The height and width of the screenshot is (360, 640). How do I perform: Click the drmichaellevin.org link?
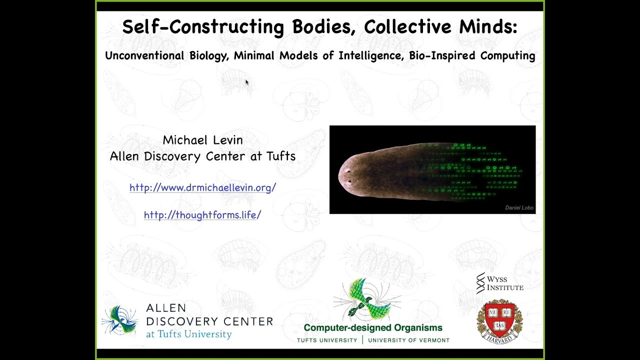tap(202, 187)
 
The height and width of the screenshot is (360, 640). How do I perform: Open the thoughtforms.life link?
tap(202, 215)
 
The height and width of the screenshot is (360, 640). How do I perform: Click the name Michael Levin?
tap(202, 140)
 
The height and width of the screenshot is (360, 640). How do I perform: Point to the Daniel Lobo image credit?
tap(519, 207)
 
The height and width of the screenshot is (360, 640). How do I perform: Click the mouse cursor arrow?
tap(247, 82)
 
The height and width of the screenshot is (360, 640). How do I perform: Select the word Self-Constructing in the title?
tap(203, 27)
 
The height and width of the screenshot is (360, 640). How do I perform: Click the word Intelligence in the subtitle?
tap(370, 55)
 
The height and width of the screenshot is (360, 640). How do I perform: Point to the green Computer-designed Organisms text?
tap(373, 328)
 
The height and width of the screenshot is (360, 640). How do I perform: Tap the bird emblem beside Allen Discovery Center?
tap(120, 320)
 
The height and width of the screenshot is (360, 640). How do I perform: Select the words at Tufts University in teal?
tap(188, 334)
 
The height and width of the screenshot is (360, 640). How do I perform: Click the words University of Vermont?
tap(408, 340)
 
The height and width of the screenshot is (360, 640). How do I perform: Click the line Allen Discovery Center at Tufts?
tap(202, 156)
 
